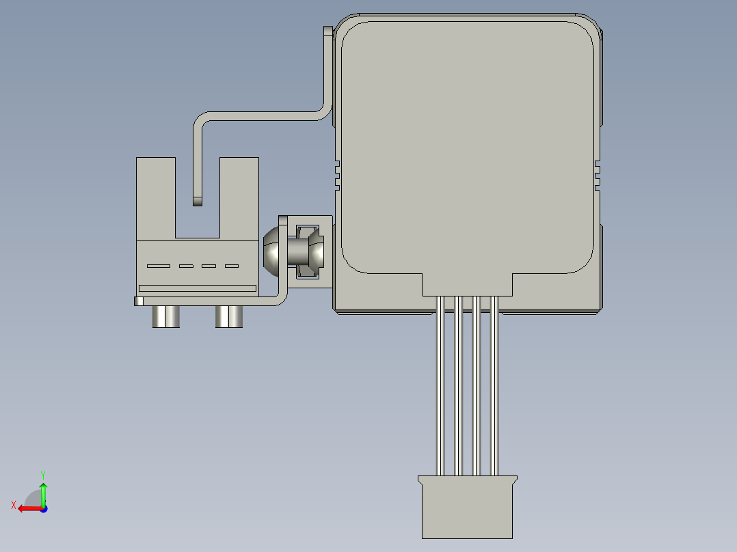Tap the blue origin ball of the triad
[43, 508]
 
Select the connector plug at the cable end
[467, 509]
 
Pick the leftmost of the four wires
[440, 386]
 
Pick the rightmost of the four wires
[494, 386]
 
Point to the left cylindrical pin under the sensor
[166, 317]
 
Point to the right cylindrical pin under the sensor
[229, 317]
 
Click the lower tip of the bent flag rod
[198, 202]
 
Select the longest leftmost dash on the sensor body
[159, 266]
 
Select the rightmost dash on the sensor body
[232, 266]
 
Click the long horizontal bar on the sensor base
[198, 288]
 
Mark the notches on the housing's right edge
[597, 174]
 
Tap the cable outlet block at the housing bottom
[467, 284]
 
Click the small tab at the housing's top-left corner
[327, 31]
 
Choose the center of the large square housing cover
[467, 147]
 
